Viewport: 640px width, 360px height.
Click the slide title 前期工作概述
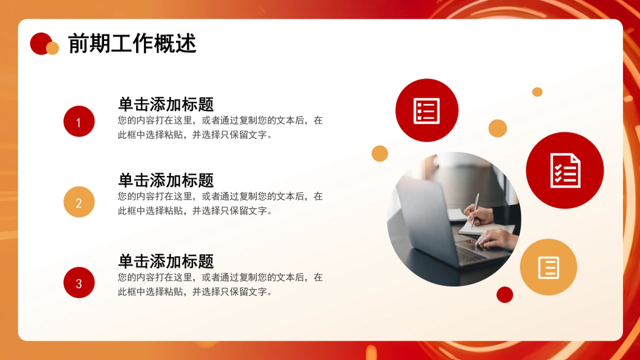coord(132,44)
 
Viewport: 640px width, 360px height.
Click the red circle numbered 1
coord(79,122)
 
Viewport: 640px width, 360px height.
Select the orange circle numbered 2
coord(79,202)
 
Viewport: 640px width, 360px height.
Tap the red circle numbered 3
coord(79,283)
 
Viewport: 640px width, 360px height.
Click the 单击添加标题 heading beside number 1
coord(166,104)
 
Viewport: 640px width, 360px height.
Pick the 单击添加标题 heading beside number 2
coord(166,180)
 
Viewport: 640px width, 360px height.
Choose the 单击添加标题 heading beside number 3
coord(166,261)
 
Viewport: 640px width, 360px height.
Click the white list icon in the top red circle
coord(427,110)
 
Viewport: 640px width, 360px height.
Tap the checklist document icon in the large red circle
coord(565,170)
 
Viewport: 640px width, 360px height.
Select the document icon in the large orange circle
coord(548,267)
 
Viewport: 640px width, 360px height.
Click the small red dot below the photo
coord(505,294)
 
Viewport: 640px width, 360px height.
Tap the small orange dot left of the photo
coord(380,153)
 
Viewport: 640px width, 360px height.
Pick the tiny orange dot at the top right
coord(537,92)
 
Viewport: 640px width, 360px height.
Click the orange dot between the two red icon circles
coord(498,128)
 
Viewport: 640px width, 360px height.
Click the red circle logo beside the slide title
coord(40,43)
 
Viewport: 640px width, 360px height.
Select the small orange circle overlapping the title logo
coord(52,49)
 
